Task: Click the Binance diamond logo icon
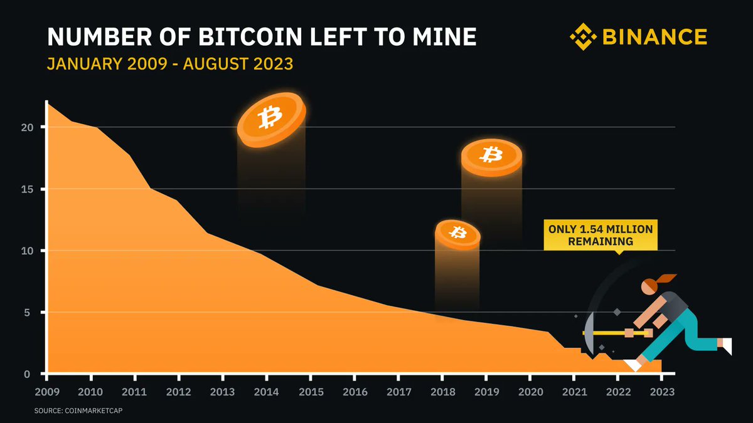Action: [583, 37]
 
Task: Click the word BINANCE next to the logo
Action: [654, 38]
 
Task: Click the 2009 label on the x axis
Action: [47, 393]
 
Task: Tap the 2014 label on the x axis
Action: [267, 393]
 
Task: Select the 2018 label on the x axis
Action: [442, 393]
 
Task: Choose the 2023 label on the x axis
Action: [662, 393]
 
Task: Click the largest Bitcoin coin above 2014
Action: [271, 119]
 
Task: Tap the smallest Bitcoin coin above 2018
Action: [457, 234]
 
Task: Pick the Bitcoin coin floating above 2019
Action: [491, 156]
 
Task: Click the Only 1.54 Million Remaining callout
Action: [600, 235]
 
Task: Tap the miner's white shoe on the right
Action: [725, 345]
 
